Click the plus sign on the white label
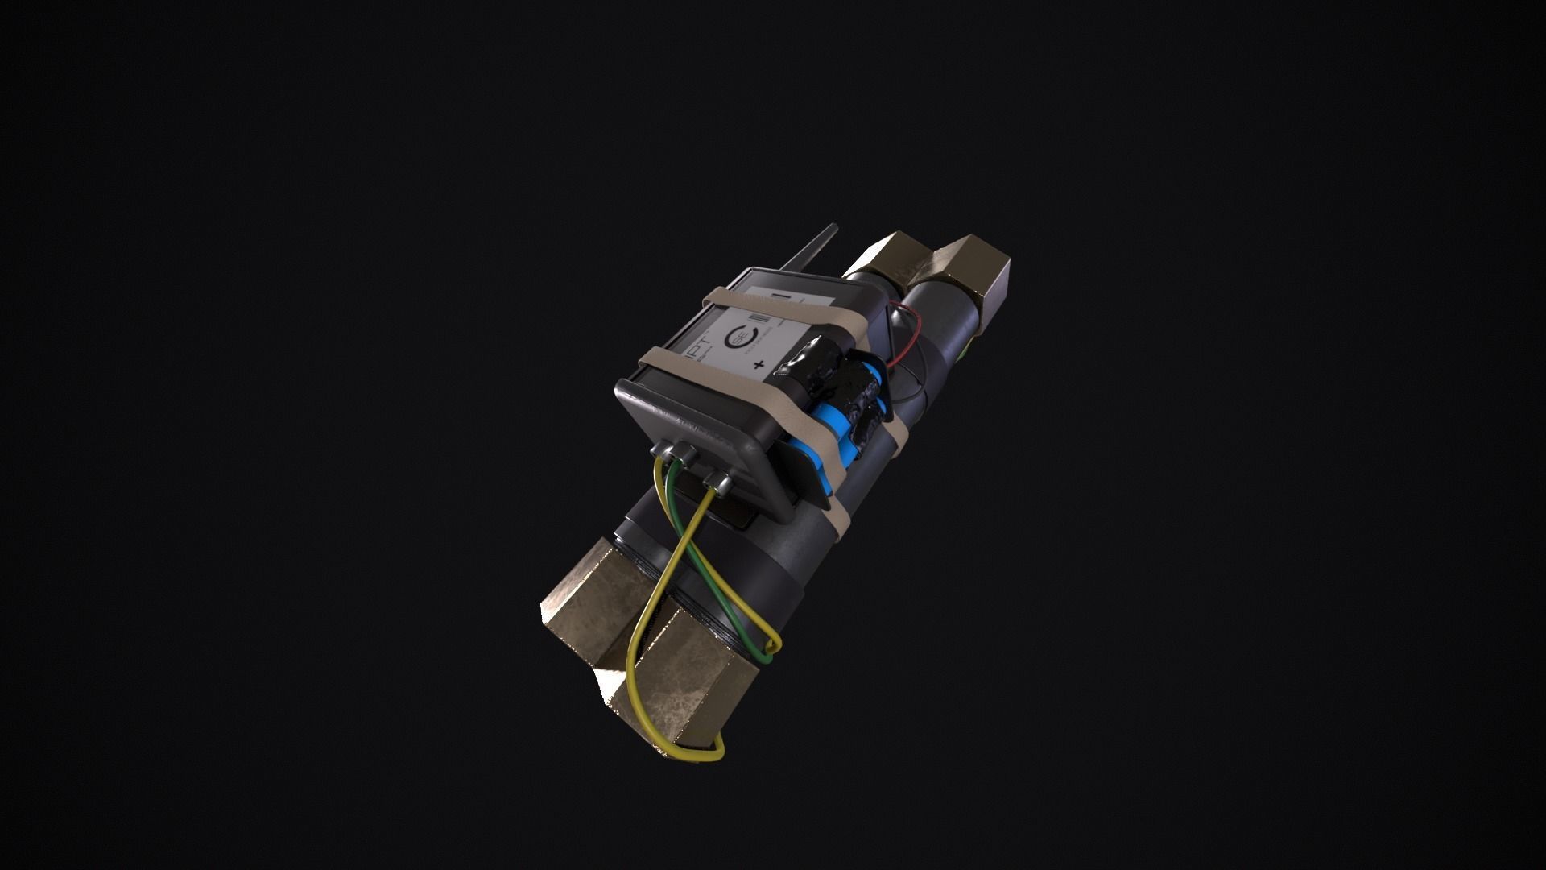[x=758, y=366]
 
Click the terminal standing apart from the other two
[x=716, y=483]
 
